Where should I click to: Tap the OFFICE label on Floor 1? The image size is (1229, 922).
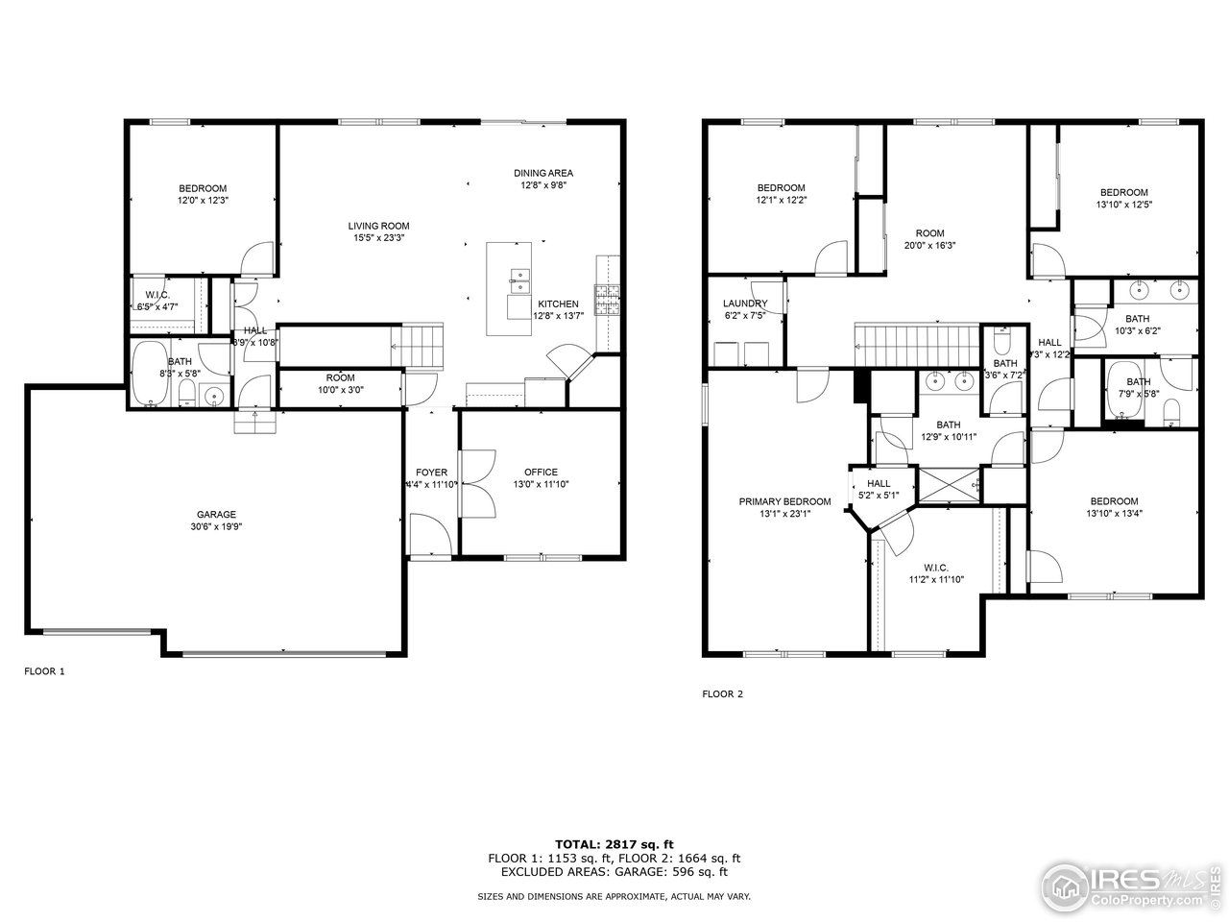coord(541,472)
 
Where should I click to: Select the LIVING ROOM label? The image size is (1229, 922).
coord(378,226)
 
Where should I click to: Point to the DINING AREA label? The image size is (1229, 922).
coord(542,173)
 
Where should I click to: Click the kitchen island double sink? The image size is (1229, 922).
coord(519,280)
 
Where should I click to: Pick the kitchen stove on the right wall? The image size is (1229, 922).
coord(609,300)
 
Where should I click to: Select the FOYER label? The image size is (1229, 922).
coord(431,472)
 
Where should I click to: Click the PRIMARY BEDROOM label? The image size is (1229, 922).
coord(784,501)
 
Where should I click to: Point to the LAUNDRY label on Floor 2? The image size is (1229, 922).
coord(745,303)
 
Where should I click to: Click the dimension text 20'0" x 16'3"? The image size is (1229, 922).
coord(929,245)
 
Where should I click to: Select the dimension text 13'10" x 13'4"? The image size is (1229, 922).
coord(1114,513)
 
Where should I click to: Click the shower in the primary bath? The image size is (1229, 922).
coord(949,484)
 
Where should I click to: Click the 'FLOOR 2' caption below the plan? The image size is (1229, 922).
coord(722,693)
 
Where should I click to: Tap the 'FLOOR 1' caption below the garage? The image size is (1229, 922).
coord(44,671)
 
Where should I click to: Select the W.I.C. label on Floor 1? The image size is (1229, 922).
coord(157,294)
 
